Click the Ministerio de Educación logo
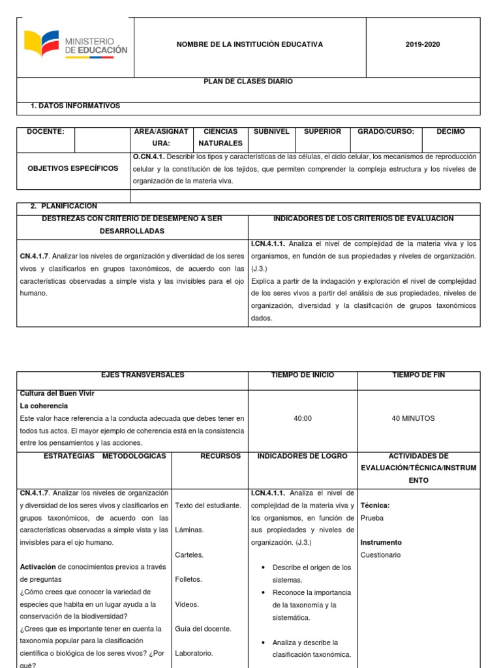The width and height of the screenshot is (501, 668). coord(76,44)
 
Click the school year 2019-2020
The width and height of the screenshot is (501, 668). coord(423,44)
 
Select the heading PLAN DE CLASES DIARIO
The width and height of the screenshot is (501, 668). coord(249,82)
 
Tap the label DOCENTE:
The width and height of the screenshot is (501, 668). coord(45,132)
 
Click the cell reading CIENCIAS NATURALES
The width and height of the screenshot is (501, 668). coord(220,138)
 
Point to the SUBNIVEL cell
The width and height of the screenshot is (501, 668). coord(271,132)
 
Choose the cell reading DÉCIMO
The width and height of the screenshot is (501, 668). coord(451,132)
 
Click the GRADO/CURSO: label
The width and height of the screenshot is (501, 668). coord(386,132)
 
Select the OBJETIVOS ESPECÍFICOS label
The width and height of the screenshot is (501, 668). coord(73,168)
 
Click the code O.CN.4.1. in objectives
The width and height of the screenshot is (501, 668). coord(148,157)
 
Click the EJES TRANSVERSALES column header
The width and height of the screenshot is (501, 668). coord(132,375)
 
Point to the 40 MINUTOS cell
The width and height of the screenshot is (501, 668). coord(413,418)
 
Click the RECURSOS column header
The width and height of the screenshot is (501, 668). coord(220,456)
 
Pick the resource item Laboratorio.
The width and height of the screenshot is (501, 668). coord(194,653)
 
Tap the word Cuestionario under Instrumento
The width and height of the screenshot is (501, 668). coord(380,555)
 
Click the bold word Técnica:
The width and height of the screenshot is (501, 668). coord(374,506)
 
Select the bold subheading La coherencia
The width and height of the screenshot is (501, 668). coord(44,406)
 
